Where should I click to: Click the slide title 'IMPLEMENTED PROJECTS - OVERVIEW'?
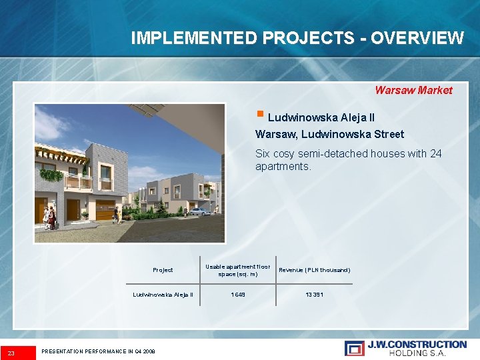pyautogui.click(x=297, y=38)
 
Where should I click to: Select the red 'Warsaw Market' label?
pyautogui.click(x=413, y=90)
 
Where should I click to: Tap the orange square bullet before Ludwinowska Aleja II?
pyautogui.click(x=261, y=116)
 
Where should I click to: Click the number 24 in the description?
pyautogui.click(x=435, y=153)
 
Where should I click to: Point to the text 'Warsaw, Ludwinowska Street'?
pyautogui.click(x=329, y=135)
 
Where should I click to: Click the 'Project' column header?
pyautogui.click(x=163, y=270)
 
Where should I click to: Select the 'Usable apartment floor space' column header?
pyautogui.click(x=237, y=270)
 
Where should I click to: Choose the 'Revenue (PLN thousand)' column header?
pyautogui.click(x=314, y=270)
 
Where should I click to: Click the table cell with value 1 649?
pyautogui.click(x=237, y=294)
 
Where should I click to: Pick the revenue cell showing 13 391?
pyautogui.click(x=314, y=294)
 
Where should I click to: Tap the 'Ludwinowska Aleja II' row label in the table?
pyautogui.click(x=163, y=294)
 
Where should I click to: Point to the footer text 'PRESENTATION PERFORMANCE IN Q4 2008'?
pyautogui.click(x=98, y=351)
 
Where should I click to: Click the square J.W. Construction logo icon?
pyautogui.click(x=354, y=348)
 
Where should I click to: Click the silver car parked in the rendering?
pyautogui.click(x=199, y=211)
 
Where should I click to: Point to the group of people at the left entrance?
pyautogui.click(x=49, y=217)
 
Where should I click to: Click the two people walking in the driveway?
pyautogui.click(x=117, y=215)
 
